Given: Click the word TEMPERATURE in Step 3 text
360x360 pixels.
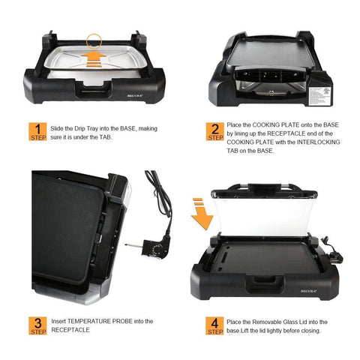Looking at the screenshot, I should click(x=91, y=321).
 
